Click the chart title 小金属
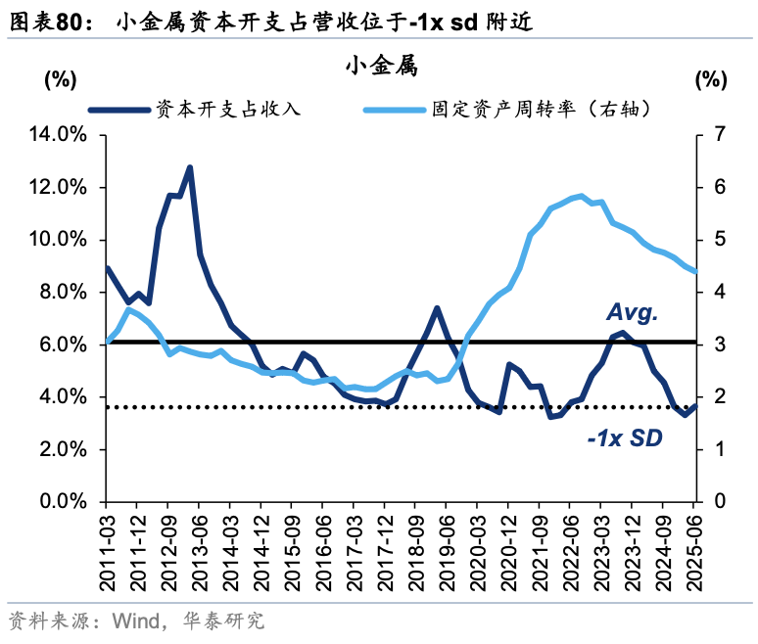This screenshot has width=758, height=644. (x=381, y=67)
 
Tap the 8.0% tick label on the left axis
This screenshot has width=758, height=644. (x=62, y=292)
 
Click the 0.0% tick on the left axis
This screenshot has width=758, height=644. (x=62, y=502)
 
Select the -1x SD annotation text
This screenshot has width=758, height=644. (x=625, y=439)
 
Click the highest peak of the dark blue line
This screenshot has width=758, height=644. (x=189, y=167)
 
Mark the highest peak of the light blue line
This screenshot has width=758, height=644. (x=581, y=196)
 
